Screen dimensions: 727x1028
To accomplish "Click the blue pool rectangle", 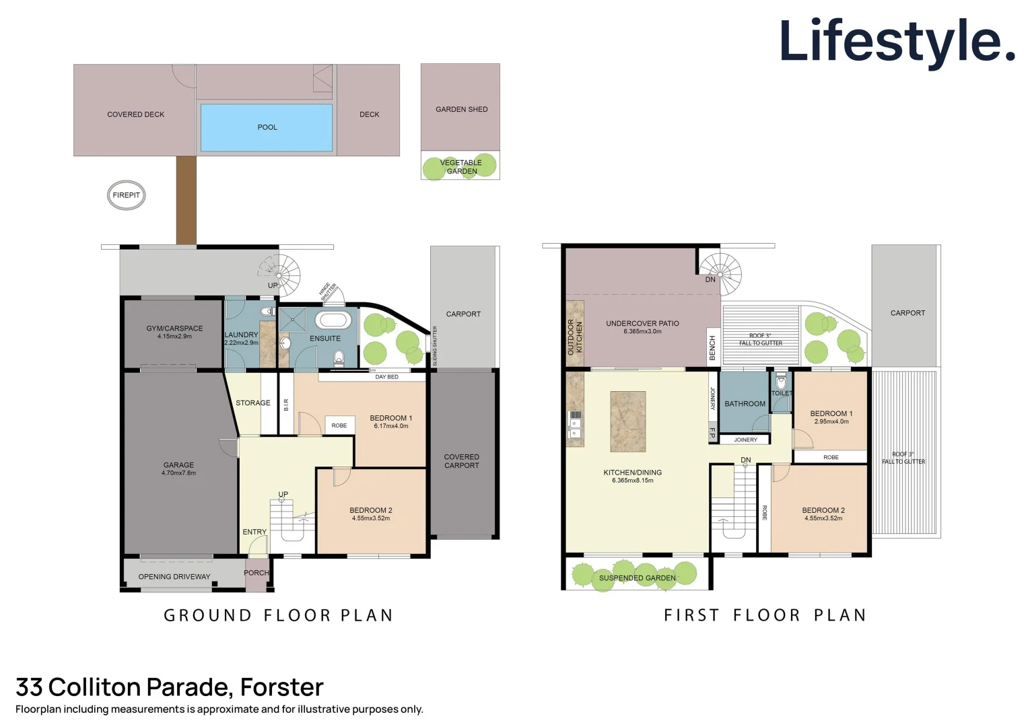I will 267,127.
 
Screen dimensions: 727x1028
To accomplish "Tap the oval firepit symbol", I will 126,195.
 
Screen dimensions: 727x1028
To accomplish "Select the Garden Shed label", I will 461,109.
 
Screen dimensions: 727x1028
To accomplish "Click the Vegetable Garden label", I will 461,167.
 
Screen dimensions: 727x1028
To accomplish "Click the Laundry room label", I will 241,335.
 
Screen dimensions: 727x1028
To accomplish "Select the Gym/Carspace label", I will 174,328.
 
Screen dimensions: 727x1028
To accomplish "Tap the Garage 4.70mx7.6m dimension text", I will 178,473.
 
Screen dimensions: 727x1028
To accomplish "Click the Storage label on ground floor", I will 252,403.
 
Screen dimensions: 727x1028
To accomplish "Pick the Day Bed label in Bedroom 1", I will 386,377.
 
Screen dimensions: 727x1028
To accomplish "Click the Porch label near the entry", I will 256,573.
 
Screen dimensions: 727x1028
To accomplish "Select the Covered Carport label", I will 461,461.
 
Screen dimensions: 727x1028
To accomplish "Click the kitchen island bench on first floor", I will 627,421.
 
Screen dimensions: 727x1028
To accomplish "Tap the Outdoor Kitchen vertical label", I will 574,337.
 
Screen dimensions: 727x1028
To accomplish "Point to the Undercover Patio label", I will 642,323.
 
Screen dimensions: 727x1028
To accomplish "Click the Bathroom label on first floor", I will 745,404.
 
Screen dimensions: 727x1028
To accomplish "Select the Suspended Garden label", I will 637,578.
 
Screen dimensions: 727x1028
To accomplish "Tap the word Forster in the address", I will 281,687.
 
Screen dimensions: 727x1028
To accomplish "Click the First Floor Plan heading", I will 765,615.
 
